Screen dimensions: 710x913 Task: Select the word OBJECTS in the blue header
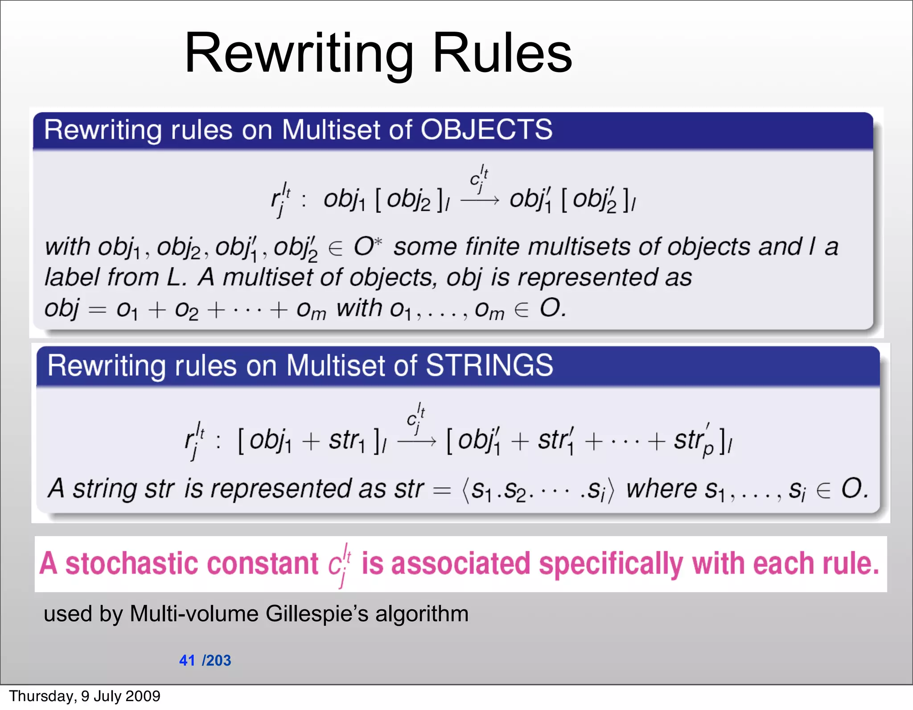pyautogui.click(x=486, y=130)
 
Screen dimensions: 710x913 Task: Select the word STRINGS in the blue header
pyautogui.click(x=489, y=365)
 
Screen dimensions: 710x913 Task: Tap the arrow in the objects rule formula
pyautogui.click(x=480, y=201)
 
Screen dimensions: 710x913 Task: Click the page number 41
pyautogui.click(x=187, y=660)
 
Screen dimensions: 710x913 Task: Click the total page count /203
pyautogui.click(x=217, y=660)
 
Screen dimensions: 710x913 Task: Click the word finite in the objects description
pyautogui.click(x=492, y=246)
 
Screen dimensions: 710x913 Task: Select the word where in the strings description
pyautogui.click(x=662, y=488)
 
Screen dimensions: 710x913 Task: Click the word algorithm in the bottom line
pyautogui.click(x=421, y=614)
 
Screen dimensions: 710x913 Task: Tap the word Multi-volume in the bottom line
pyautogui.click(x=194, y=614)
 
